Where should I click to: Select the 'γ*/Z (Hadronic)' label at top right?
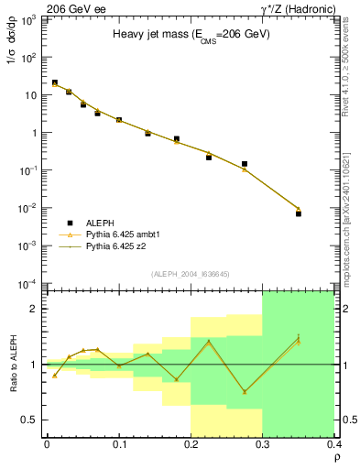click(311, 8)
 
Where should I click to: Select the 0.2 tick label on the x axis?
click(191, 445)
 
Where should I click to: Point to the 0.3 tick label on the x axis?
click(262, 445)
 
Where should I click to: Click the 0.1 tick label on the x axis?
click(118, 445)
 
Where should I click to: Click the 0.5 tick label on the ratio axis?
click(30, 420)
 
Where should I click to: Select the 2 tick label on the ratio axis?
click(35, 309)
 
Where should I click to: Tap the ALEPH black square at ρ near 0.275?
click(245, 164)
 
